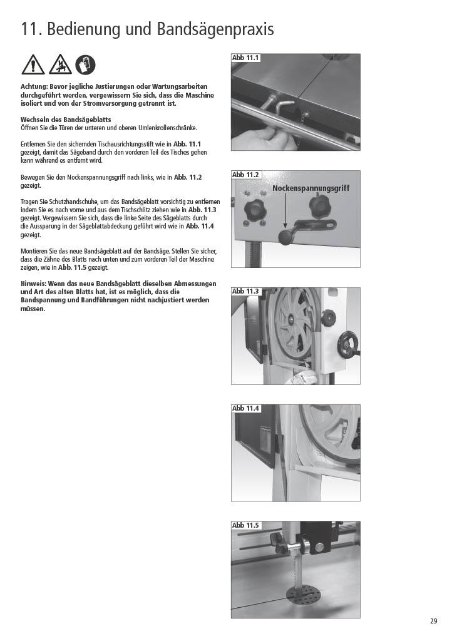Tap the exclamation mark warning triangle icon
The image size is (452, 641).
tap(33, 64)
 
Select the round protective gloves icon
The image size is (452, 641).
tap(85, 64)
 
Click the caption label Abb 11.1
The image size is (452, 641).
tap(245, 58)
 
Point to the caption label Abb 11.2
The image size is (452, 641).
tap(245, 175)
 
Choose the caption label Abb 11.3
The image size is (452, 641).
tap(245, 292)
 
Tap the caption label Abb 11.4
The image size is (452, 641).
tap(245, 408)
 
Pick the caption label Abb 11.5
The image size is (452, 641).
tap(245, 525)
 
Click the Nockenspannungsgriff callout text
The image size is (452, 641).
tap(311, 188)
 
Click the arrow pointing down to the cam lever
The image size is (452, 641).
tap(284, 211)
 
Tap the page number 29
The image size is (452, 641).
tap(434, 621)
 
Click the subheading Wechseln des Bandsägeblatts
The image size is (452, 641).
tap(66, 120)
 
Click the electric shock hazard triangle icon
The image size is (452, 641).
tap(60, 64)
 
